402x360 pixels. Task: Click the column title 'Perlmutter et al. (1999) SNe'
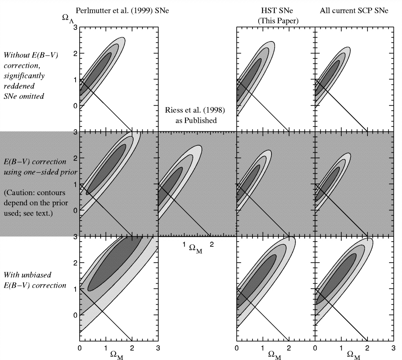pos(122,11)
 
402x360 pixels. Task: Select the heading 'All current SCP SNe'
pos(354,11)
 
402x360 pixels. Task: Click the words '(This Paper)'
pos(278,21)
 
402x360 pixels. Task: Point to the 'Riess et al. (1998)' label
pos(195,110)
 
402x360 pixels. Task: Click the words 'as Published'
pos(196,120)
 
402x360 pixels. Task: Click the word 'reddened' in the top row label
pos(19,86)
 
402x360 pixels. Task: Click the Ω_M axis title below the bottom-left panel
pos(117,355)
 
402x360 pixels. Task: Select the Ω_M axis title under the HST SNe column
pos(275,355)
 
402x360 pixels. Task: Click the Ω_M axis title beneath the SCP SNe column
pos(353,355)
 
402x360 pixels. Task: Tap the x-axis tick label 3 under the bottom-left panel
pos(158,348)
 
